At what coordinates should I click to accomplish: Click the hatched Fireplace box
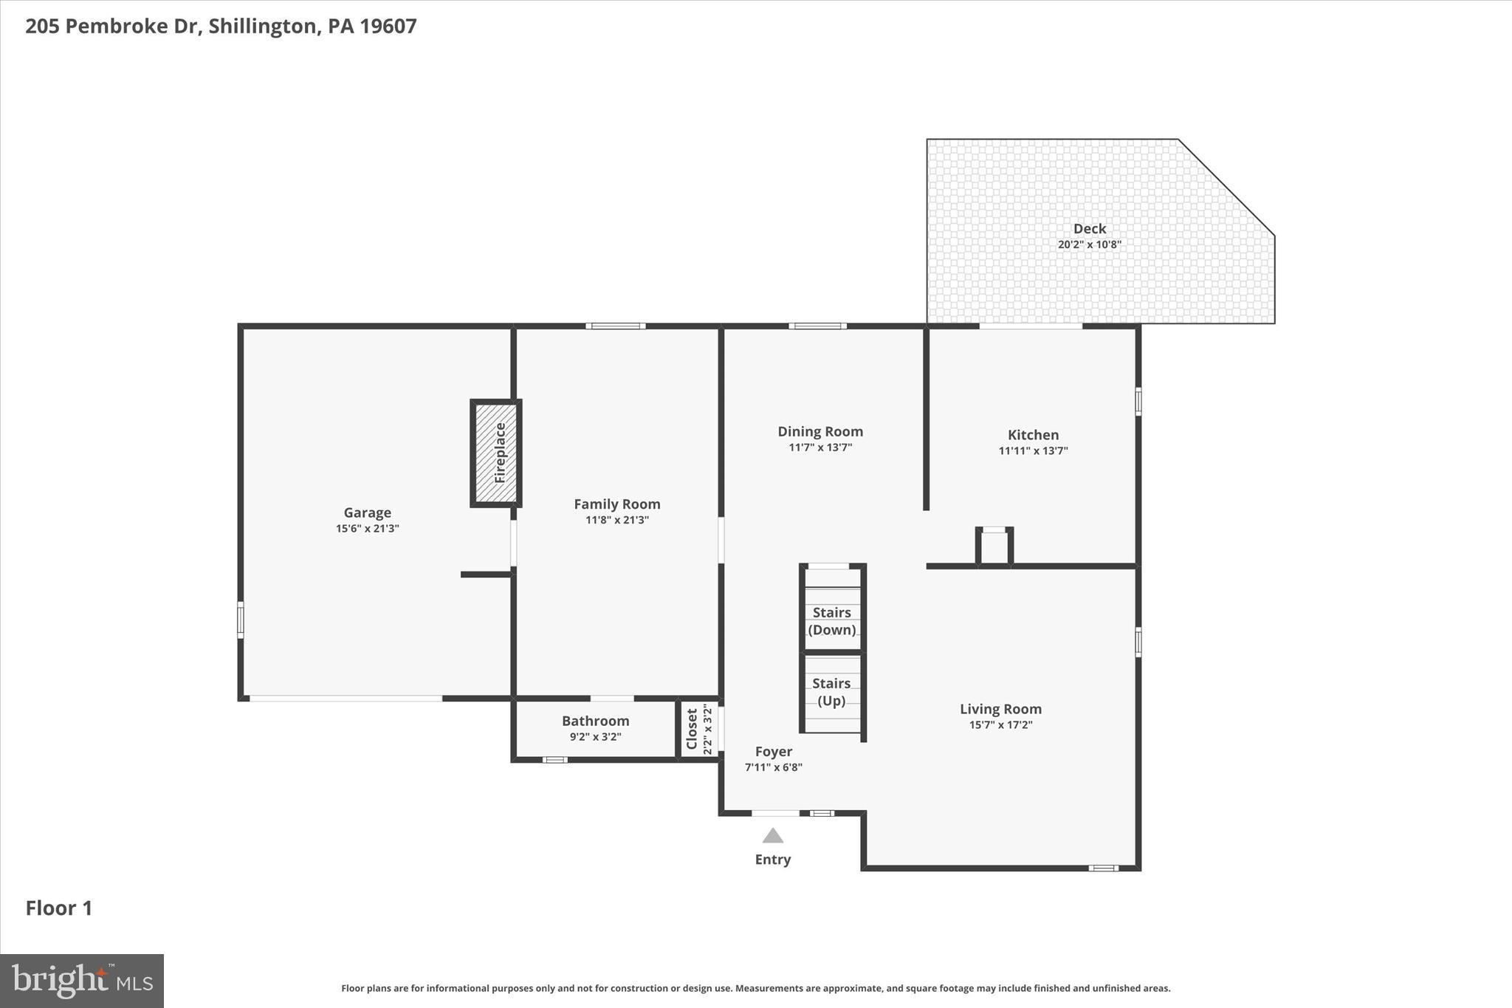[496, 453]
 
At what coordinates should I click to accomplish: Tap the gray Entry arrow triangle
[772, 836]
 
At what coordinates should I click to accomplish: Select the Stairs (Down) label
[832, 621]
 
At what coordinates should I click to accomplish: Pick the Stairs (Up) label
[831, 692]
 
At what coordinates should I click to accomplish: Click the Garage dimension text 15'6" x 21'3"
[367, 529]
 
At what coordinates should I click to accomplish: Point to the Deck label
[1089, 229]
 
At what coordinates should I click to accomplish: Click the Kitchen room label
[1033, 435]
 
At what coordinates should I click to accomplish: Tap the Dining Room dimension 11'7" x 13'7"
[819, 448]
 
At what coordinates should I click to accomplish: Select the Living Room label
[1000, 709]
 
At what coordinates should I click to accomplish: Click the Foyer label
[773, 752]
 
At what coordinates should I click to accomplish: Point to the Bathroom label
[595, 721]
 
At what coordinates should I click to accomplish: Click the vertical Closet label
[692, 729]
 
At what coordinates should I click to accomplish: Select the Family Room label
[617, 504]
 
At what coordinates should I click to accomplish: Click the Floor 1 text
[59, 908]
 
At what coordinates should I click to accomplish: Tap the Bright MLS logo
[82, 981]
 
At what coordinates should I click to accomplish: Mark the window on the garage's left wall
[240, 620]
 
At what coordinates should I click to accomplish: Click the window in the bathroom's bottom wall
[554, 760]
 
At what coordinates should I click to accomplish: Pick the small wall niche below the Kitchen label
[994, 547]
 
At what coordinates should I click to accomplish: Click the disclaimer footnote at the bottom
[755, 988]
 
